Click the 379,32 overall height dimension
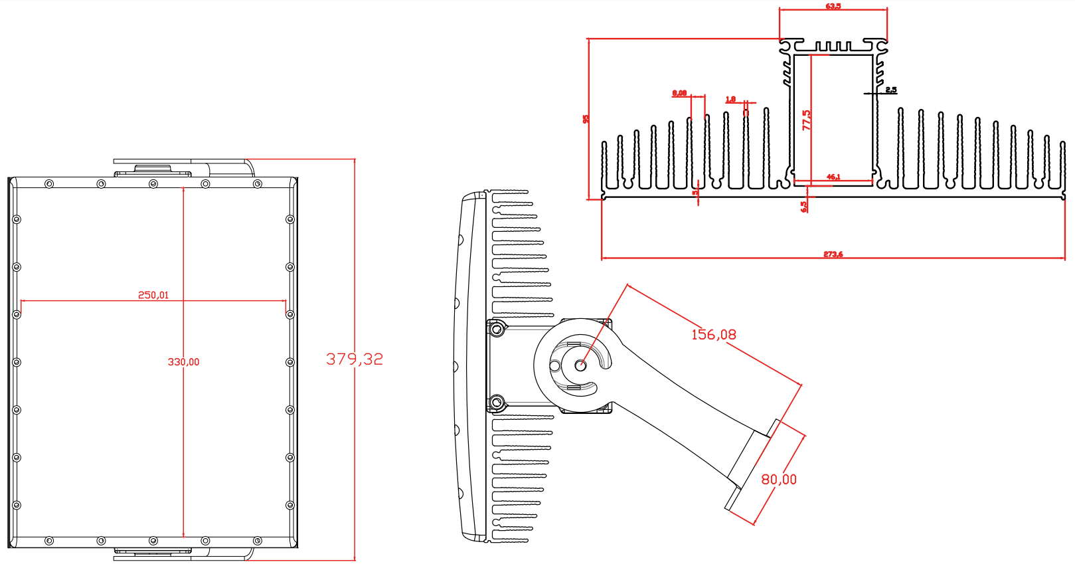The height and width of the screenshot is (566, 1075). click(355, 359)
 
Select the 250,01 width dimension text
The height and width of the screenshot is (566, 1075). click(153, 295)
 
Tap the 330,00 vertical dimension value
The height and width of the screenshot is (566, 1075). click(183, 362)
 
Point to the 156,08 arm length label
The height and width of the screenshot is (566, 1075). click(714, 335)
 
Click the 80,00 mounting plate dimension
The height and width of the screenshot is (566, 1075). click(779, 480)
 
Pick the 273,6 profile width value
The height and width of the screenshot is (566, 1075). click(833, 254)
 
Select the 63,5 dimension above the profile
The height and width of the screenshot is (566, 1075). click(833, 6)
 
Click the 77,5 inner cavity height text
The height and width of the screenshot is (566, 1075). click(807, 120)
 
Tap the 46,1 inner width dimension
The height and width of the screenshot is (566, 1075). click(833, 177)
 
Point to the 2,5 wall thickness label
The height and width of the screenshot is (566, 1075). click(891, 90)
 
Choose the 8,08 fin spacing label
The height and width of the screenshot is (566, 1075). click(679, 93)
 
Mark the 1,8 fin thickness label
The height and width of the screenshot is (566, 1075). click(730, 100)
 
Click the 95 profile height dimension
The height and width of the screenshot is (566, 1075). click(586, 119)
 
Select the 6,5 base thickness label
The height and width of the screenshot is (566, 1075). click(804, 207)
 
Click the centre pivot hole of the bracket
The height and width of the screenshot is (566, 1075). click(580, 364)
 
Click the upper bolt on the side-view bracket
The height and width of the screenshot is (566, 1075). click(496, 328)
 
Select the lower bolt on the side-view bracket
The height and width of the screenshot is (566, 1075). click(496, 401)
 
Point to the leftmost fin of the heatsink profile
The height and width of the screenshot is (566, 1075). click(604, 166)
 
